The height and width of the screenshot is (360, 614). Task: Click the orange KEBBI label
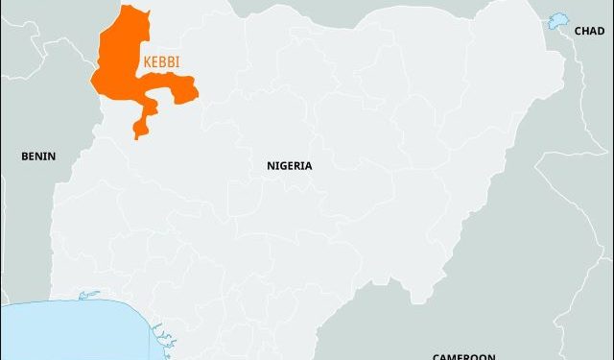161,60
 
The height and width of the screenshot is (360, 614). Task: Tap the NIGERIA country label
289,165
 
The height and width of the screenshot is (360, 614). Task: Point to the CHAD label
589,32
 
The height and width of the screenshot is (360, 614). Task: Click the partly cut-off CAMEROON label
463,356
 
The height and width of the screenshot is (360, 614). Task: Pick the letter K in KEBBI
147,60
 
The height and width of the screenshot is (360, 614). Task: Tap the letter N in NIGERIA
271,165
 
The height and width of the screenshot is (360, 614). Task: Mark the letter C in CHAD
578,32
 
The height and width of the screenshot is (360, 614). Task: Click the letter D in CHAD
601,32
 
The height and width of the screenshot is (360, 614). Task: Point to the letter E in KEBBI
154,60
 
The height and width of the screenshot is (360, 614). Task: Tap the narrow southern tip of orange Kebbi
137,135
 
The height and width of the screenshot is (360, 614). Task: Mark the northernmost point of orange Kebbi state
126,6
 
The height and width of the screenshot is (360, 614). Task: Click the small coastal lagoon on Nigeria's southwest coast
89,295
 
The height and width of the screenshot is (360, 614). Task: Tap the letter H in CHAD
585,32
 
